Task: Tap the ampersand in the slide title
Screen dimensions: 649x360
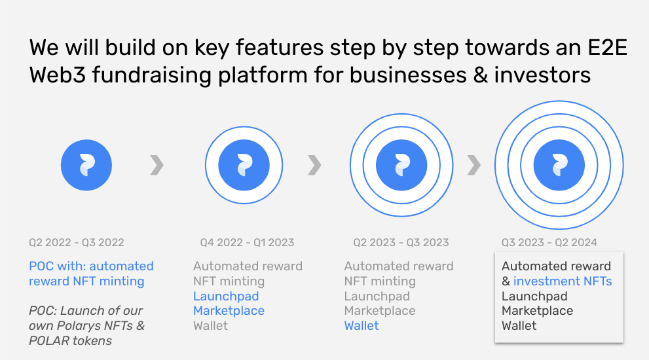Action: (x=480, y=75)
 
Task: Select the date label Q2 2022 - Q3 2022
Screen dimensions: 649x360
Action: (x=77, y=242)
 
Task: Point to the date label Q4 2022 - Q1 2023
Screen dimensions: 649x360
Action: (x=247, y=242)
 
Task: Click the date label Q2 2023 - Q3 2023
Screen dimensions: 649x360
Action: (x=401, y=242)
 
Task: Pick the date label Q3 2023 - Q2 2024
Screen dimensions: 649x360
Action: (x=549, y=242)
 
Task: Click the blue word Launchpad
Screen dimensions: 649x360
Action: (x=226, y=297)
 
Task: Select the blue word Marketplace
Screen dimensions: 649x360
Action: (x=229, y=311)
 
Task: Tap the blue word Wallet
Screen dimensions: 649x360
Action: (x=362, y=326)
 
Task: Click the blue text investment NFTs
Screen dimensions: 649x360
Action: (x=563, y=281)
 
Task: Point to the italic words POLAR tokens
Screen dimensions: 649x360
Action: (x=70, y=340)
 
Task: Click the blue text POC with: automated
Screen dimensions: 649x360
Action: (x=91, y=266)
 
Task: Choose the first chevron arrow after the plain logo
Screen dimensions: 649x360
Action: (x=157, y=165)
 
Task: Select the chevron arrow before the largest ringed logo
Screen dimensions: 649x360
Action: (x=474, y=165)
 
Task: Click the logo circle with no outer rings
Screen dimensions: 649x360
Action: (x=86, y=165)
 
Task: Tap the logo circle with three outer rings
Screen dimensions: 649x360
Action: (x=559, y=165)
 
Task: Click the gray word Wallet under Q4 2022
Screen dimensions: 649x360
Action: (x=210, y=326)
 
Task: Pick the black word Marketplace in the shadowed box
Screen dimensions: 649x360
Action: (x=537, y=311)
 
